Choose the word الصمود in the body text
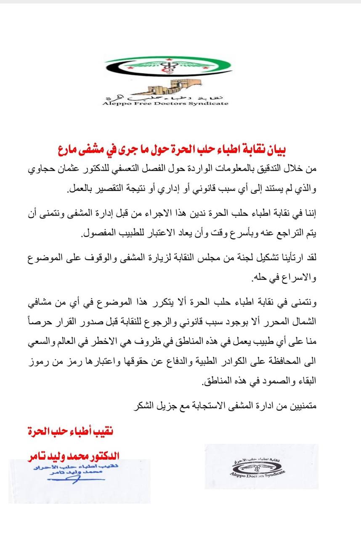[265, 383]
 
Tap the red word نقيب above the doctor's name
[102, 432]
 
